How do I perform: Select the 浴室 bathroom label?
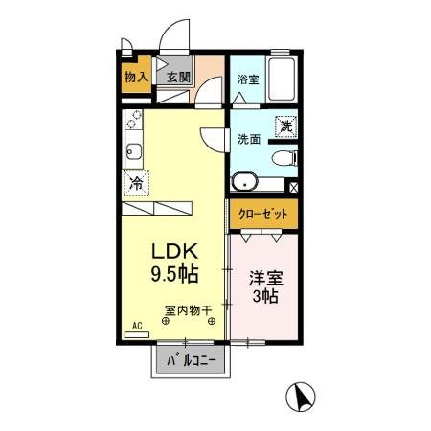pyautogui.click(x=247, y=79)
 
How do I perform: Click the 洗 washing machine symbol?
pyautogui.click(x=285, y=125)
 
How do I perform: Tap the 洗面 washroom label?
pyautogui.click(x=249, y=138)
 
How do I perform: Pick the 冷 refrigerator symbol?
pyautogui.click(x=136, y=182)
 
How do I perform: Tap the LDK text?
pyautogui.click(x=172, y=252)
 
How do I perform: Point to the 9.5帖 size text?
pyautogui.click(x=172, y=275)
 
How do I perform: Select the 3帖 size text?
pyautogui.click(x=264, y=297)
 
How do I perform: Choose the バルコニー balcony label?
pyautogui.click(x=191, y=361)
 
